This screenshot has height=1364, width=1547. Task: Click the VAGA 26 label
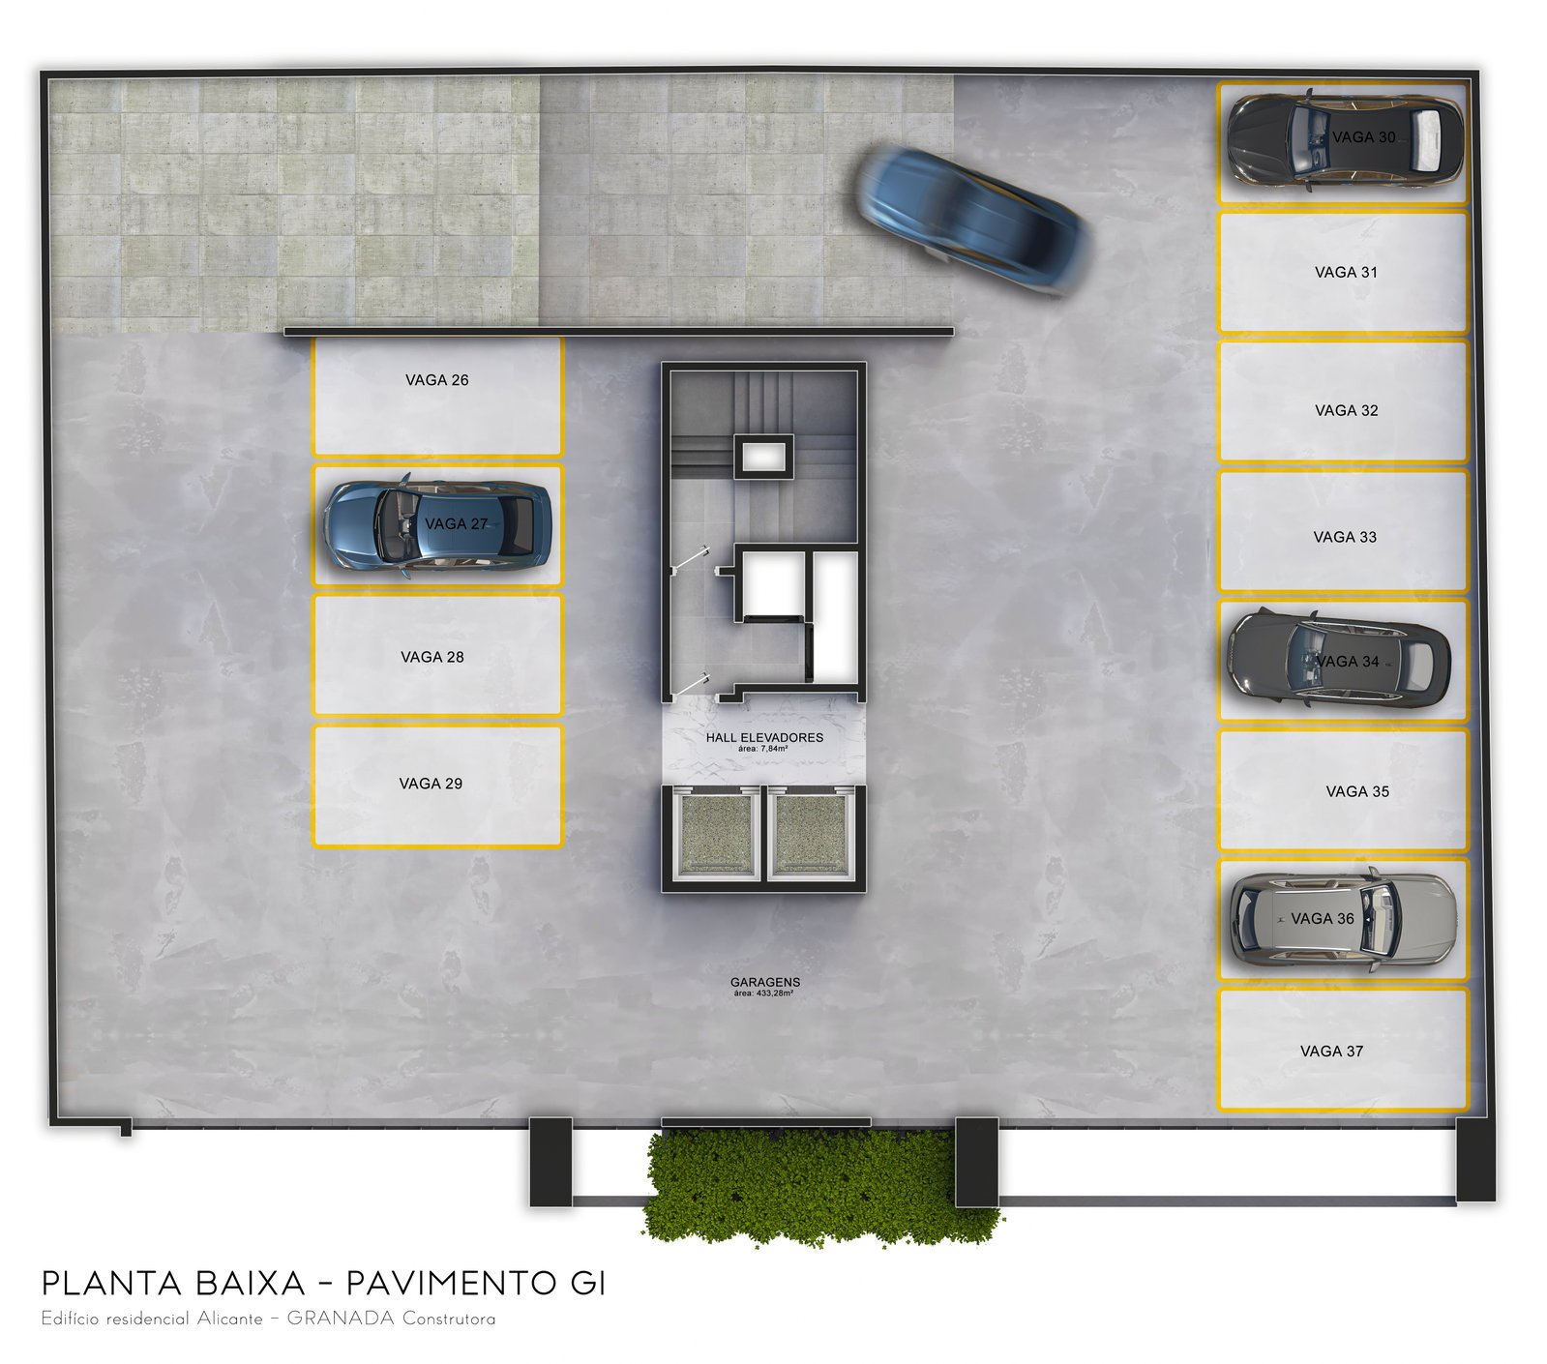pos(437,380)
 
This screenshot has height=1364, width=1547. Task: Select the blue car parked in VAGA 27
pos(437,525)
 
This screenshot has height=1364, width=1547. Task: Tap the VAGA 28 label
pos(432,657)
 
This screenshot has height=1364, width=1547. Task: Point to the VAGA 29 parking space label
pos(431,784)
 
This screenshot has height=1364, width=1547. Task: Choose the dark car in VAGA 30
pos(1345,137)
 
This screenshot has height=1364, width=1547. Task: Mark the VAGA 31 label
pos(1346,273)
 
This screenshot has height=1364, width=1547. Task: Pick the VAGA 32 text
pos(1347,411)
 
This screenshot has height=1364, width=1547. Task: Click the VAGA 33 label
pos(1345,537)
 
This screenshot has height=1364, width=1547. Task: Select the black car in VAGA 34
pos(1339,658)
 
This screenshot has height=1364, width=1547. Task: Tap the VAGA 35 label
pos(1357,791)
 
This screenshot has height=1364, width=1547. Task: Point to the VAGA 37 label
pos(1332,1052)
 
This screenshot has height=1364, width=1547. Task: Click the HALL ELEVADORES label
pos(764,737)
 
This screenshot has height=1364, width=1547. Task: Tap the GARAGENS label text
pos(765,983)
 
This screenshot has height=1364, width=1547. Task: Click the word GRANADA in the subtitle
pos(341,1320)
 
